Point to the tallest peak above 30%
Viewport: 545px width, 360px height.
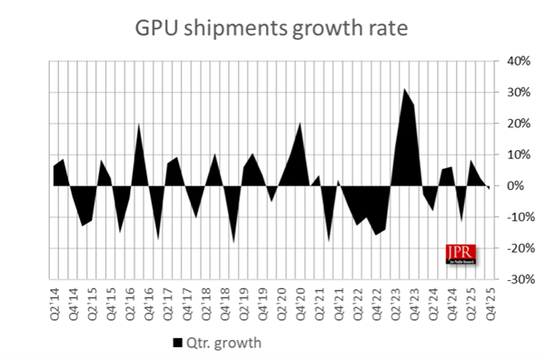tap(404, 90)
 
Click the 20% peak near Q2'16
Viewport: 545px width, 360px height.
tap(138, 125)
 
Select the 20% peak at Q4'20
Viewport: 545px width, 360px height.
tap(301, 124)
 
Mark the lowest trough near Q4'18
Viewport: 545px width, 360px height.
tap(234, 242)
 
